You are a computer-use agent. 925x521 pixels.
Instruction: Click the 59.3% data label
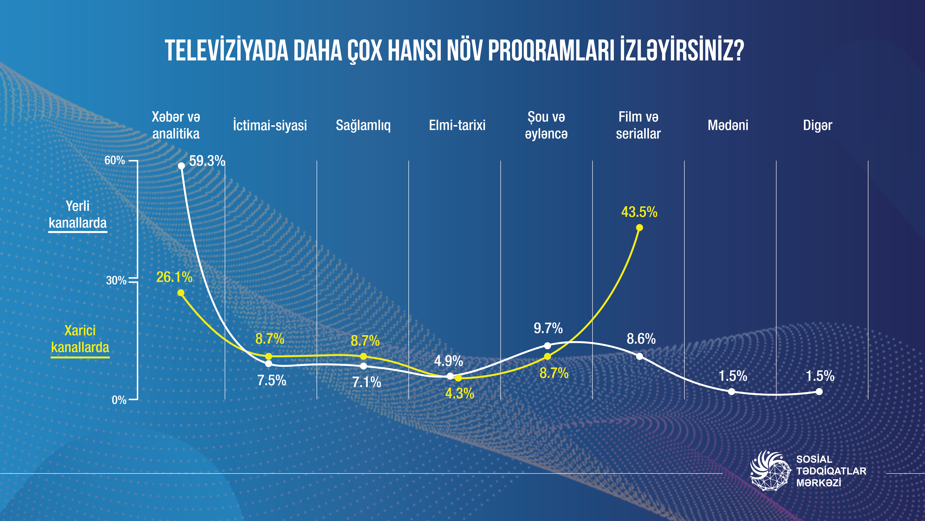tap(207, 161)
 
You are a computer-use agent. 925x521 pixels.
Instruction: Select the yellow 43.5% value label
tap(639, 212)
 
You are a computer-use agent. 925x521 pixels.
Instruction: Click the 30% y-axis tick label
tap(116, 280)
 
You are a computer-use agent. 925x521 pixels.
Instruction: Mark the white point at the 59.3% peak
tap(181, 166)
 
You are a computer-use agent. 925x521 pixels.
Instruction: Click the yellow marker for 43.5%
tap(639, 228)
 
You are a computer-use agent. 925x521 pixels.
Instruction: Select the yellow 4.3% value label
tap(460, 394)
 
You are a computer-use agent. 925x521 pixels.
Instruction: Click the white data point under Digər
tap(819, 392)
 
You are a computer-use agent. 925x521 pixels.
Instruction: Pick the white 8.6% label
tap(641, 339)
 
